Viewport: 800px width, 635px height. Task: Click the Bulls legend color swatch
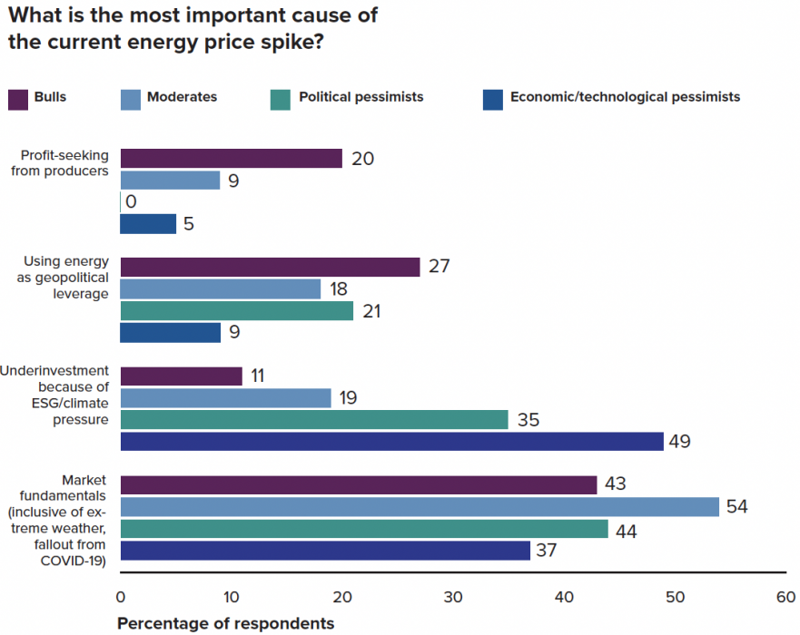coord(18,98)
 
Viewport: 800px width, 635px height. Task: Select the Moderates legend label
coord(182,97)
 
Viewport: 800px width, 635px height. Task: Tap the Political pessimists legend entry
coord(360,97)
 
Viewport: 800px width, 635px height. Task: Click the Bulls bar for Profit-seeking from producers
coord(231,159)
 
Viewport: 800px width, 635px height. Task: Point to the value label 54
coord(736,507)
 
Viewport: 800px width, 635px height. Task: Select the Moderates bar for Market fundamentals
coord(419,507)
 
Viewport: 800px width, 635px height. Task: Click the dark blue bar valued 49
coord(391,442)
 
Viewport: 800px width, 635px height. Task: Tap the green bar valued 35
coord(314,420)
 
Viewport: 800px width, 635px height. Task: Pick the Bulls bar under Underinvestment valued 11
coord(181,376)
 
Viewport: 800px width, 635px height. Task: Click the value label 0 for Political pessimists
coord(132,202)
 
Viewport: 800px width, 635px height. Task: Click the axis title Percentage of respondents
coord(225,624)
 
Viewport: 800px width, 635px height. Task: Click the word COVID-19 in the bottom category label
coord(74,561)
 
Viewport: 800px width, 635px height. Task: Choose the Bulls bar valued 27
coord(270,268)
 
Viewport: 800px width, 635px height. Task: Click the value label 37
coord(548,551)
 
